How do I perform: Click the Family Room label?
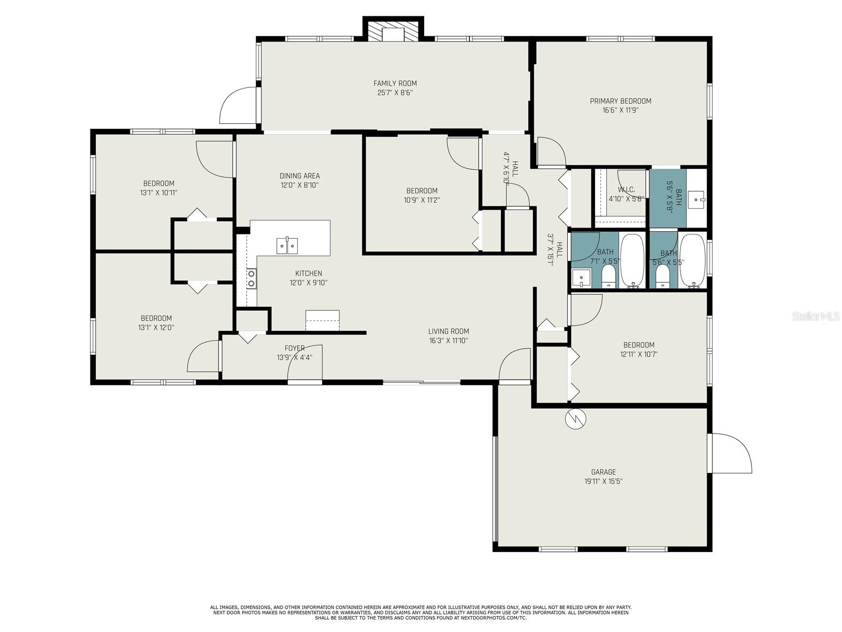(395, 83)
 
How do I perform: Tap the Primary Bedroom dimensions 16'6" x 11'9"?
(620, 111)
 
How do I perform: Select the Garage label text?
(604, 472)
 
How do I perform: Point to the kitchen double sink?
(287, 245)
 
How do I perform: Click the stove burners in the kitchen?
(252, 279)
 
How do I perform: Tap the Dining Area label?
(299, 176)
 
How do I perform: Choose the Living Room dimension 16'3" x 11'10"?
(448, 341)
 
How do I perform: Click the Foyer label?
(295, 349)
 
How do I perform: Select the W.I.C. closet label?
(626, 190)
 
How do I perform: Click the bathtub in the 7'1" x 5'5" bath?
(633, 261)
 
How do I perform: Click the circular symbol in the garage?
(575, 419)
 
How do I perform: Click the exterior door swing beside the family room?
(238, 105)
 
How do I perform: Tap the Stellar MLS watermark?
(815, 317)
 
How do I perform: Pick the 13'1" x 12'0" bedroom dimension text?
(156, 328)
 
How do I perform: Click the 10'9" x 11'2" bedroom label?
(422, 191)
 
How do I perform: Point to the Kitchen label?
(308, 273)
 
